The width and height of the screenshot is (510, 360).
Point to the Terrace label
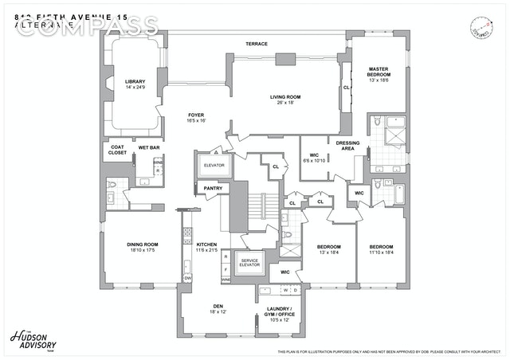pyautogui.click(x=256, y=44)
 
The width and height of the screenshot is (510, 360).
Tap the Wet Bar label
pyautogui.click(x=148, y=147)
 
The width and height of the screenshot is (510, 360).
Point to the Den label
pyautogui.click(x=218, y=307)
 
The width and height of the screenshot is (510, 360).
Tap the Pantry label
pyautogui.click(x=212, y=188)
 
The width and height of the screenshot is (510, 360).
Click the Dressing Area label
pyautogui.click(x=347, y=145)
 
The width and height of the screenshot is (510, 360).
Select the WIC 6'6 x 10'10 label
pyautogui.click(x=314, y=158)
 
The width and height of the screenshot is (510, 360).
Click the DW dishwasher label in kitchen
pyautogui.click(x=187, y=277)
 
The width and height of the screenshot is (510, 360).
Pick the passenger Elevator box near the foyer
pyautogui.click(x=214, y=165)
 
